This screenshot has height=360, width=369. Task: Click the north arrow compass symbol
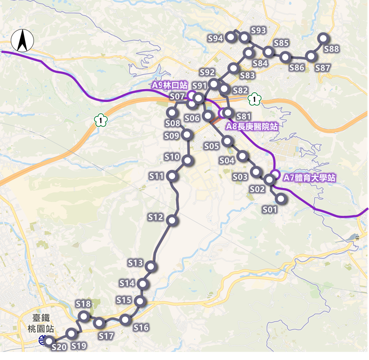22,41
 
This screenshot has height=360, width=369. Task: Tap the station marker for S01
281,199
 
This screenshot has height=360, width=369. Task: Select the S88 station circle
323,38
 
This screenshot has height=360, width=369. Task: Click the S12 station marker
172,221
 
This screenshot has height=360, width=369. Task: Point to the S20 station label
59,347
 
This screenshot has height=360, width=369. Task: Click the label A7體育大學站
310,178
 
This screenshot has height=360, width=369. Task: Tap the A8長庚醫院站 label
252,127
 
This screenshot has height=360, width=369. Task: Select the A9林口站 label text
170,85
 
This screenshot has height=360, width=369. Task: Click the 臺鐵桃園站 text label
41,323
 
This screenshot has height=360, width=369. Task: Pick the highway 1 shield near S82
255,99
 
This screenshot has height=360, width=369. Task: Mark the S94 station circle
231,37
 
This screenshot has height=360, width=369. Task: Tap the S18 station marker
84,316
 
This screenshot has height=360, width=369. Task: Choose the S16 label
141,327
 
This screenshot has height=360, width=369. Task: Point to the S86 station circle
285,57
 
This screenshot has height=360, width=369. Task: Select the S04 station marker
242,156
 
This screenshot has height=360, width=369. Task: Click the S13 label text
135,263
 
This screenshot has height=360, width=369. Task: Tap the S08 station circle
172,112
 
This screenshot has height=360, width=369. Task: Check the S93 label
258,30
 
